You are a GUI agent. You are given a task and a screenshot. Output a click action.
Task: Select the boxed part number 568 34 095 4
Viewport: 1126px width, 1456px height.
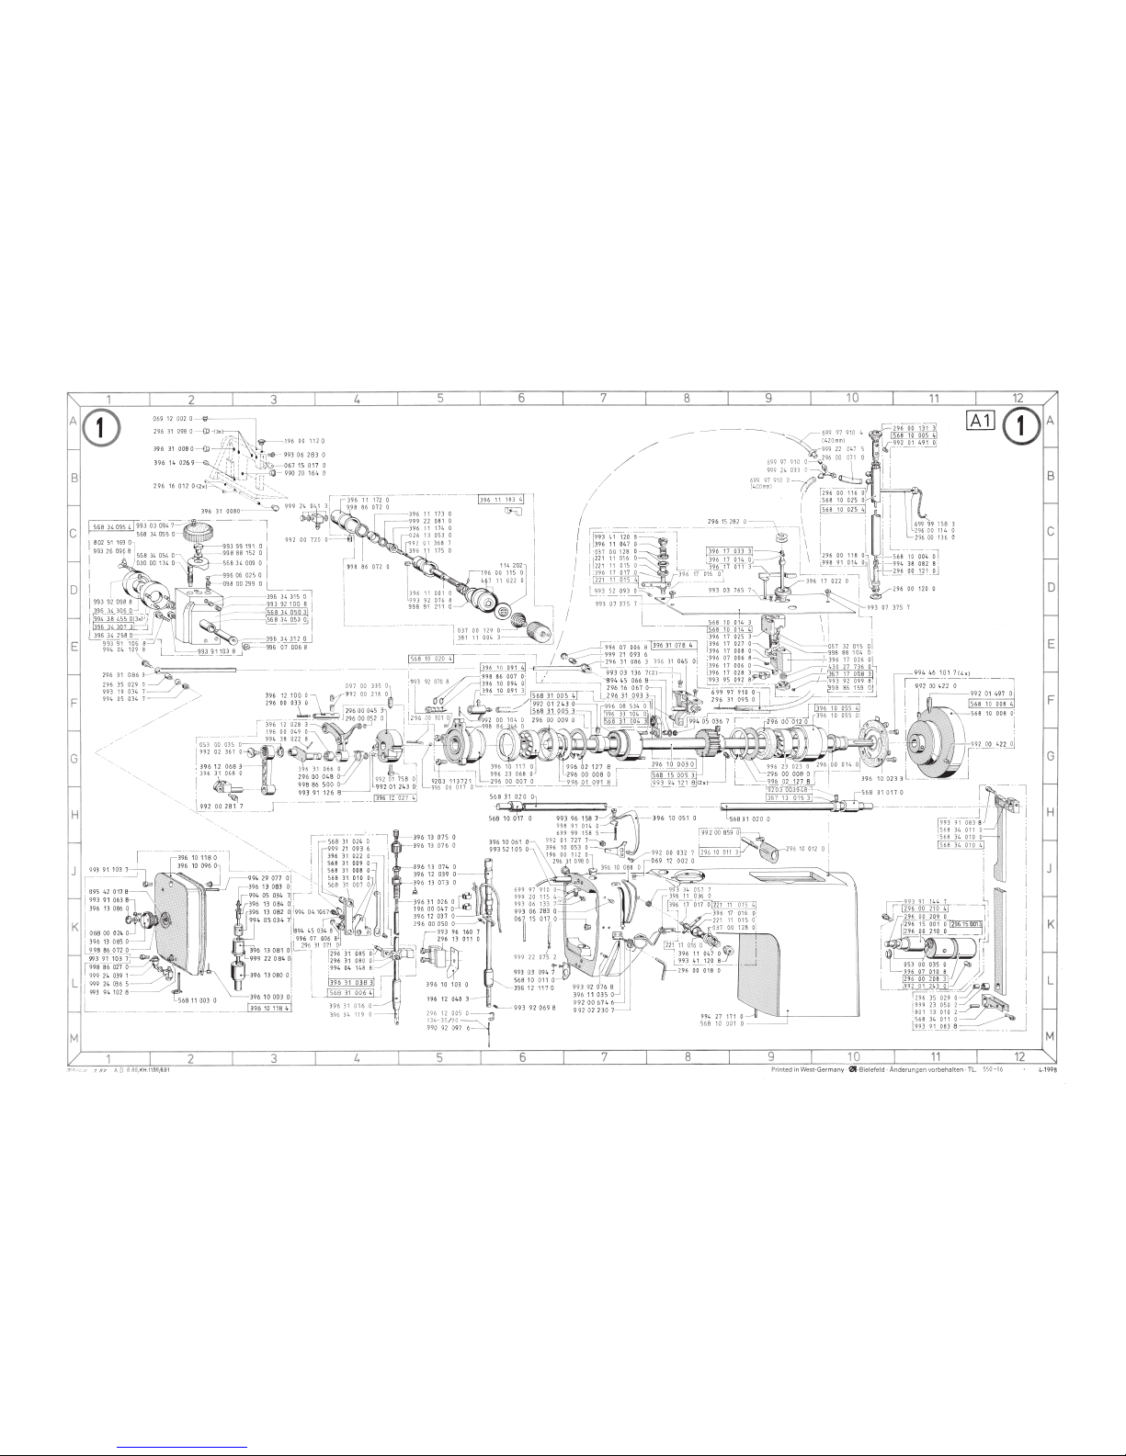click(111, 526)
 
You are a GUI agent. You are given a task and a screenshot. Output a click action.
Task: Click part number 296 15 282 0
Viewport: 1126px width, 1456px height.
click(727, 522)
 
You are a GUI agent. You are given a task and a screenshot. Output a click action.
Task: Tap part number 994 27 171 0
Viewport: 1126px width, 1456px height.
click(722, 1015)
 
